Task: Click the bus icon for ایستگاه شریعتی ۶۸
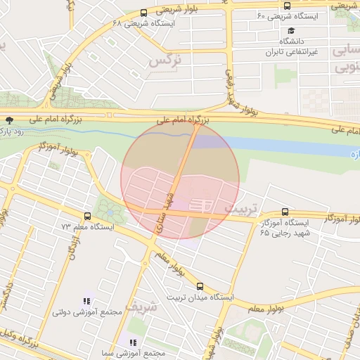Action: tap(144, 13)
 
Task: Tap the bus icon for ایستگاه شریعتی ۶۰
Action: tap(287, 6)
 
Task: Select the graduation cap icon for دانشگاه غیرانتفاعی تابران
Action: tap(291, 32)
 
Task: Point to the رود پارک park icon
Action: tap(9, 120)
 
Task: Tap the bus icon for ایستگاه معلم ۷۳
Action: tap(87, 216)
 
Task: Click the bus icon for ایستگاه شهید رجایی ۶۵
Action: tap(285, 212)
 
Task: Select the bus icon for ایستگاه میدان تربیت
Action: tap(200, 286)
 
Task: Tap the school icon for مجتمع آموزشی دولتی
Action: tap(86, 300)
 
